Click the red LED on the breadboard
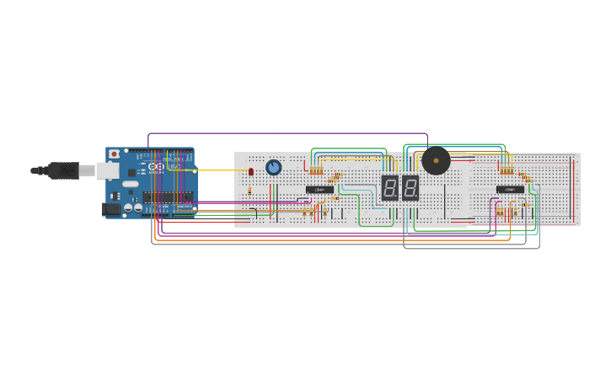pos(251,172)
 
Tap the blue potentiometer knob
pos(273,167)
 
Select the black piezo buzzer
pos(436,160)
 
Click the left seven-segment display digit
pos(389,187)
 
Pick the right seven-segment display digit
pos(410,187)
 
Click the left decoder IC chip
pos(319,190)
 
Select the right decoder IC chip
pos(510,190)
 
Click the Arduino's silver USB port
pos(108,171)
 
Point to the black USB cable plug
pos(63,170)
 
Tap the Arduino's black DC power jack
pos(110,208)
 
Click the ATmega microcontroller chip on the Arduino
pos(168,197)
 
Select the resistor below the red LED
pos(249,191)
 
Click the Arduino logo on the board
pos(157,166)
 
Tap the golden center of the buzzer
pos(436,160)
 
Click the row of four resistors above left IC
pos(316,171)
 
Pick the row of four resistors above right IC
pos(506,171)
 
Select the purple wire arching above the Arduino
pos(287,133)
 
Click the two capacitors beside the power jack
pos(133,207)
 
